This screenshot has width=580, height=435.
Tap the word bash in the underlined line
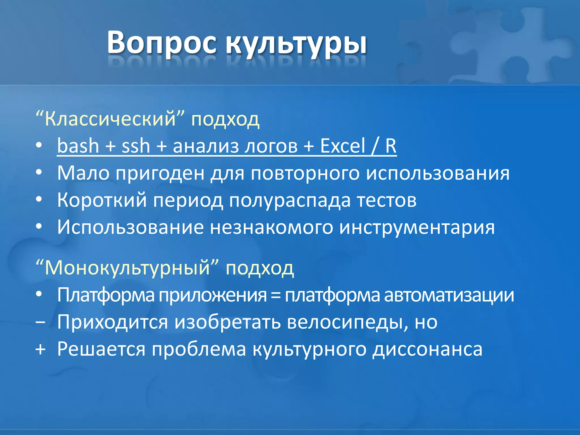click(78, 146)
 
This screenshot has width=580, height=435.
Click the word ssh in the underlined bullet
click(136, 146)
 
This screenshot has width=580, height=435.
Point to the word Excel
click(343, 146)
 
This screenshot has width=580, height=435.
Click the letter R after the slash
click(391, 146)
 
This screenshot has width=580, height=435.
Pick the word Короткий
click(102, 200)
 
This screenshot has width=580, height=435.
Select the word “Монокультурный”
click(127, 268)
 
